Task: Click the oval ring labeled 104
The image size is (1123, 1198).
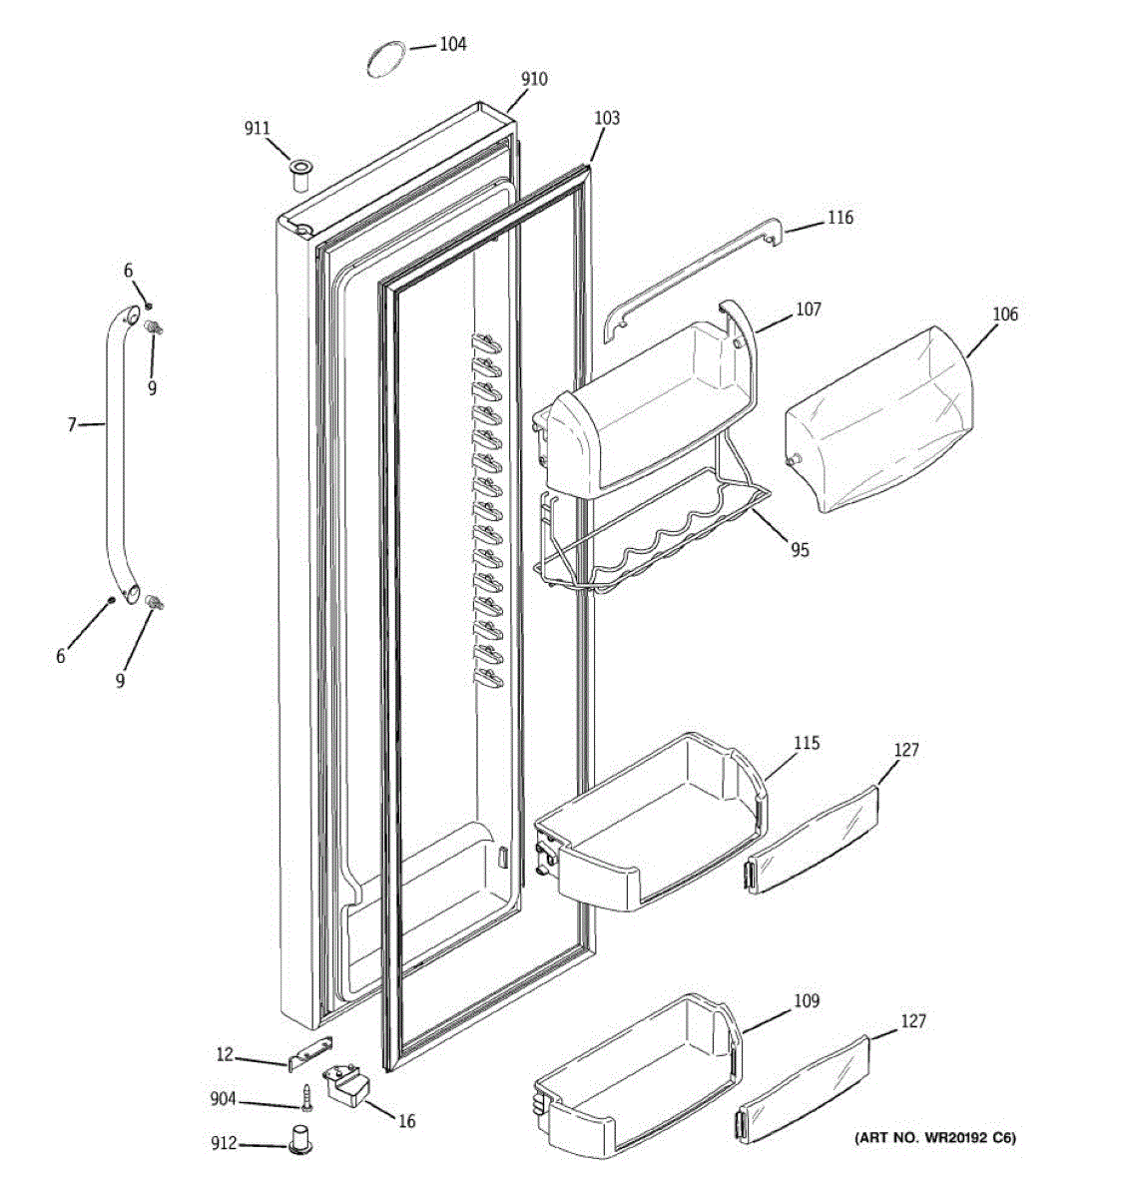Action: [x=385, y=57]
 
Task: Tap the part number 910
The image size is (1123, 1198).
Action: [x=534, y=79]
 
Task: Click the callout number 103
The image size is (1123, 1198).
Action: [x=606, y=119]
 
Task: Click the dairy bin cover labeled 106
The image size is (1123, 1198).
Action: [x=878, y=419]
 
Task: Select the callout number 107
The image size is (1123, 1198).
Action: [x=808, y=309]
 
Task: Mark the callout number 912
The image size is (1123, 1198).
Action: [x=225, y=1142]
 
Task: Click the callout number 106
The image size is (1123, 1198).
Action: [x=1005, y=314]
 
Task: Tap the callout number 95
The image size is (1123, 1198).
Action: [x=800, y=549]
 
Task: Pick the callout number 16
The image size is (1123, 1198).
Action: [x=406, y=1121]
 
